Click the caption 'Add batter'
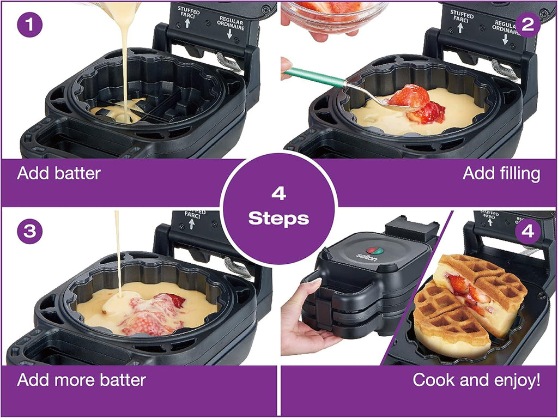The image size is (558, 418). pos(59,173)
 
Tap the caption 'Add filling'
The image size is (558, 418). pos(501,173)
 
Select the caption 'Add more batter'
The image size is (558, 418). pos(82,380)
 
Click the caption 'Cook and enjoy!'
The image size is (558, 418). pos(476,380)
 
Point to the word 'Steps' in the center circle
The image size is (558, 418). pos(278,218)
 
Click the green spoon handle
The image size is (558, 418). pos(314,77)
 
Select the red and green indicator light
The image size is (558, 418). pos(375,251)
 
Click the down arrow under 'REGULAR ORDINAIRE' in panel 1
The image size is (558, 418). pos(229,34)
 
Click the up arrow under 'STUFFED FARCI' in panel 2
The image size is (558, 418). pos(460,28)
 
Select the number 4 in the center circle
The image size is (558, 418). pos(278,193)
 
